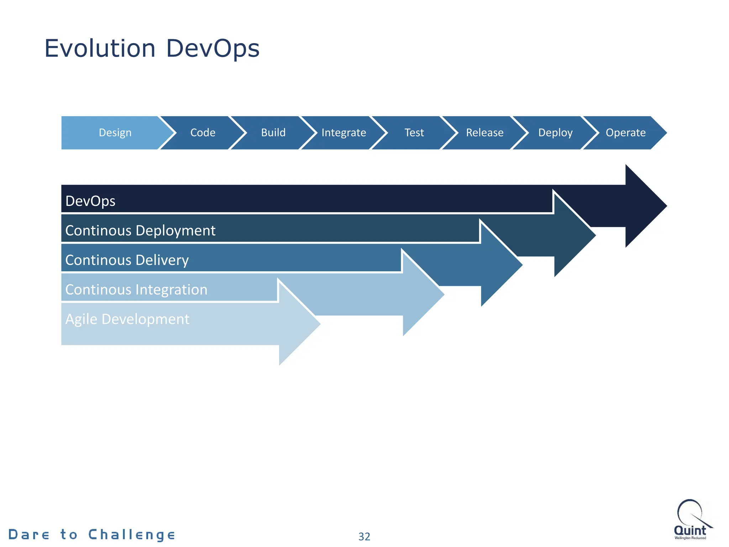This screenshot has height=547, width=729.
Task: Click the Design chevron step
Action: (115, 133)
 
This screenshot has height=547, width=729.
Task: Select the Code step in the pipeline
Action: (203, 133)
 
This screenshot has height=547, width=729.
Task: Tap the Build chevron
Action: (273, 133)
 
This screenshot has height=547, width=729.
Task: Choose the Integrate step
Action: (343, 133)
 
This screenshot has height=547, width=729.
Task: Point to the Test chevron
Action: (414, 133)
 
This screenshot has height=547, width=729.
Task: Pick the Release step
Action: (484, 133)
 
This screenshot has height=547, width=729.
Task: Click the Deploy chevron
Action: (555, 133)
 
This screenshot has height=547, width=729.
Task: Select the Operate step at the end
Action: (625, 133)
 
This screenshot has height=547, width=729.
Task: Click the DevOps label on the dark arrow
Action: (90, 201)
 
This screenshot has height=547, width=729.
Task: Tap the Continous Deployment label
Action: (140, 231)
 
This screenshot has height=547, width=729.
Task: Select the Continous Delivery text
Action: (127, 260)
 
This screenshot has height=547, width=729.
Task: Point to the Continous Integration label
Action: (136, 290)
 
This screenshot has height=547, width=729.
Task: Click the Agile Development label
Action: (127, 319)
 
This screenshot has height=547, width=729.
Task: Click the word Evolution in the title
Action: (100, 48)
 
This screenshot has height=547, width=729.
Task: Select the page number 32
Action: (364, 536)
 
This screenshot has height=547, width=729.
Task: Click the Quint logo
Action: (691, 520)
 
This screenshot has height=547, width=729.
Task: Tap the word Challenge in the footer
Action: (132, 535)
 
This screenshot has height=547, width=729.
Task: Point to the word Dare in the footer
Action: (29, 535)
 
